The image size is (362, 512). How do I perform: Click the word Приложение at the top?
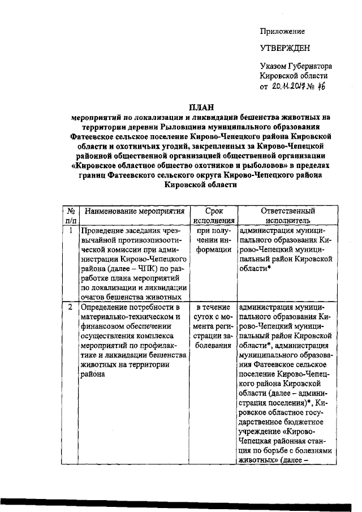[x=282, y=31]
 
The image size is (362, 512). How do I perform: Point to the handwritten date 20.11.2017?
[x=292, y=86]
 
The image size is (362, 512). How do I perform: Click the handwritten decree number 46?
[x=321, y=85]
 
